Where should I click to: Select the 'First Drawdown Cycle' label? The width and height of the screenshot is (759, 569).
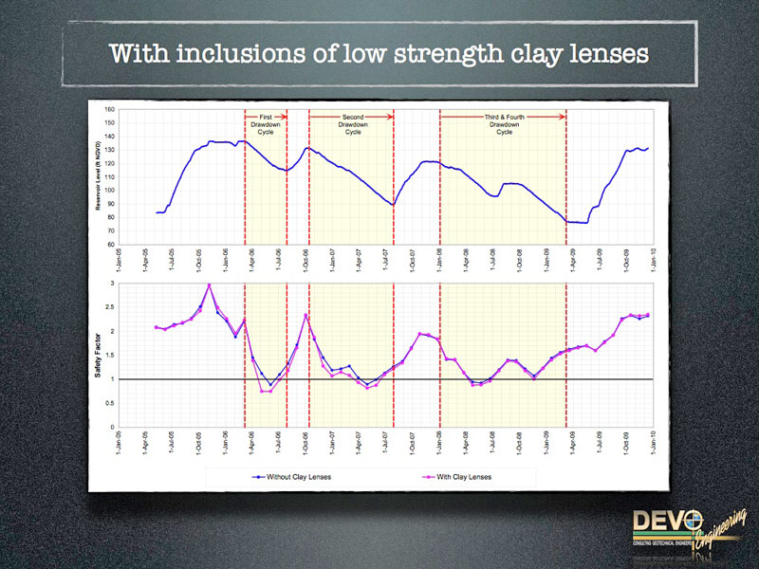pyautogui.click(x=266, y=124)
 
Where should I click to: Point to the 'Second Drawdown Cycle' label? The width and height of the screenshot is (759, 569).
pyautogui.click(x=352, y=124)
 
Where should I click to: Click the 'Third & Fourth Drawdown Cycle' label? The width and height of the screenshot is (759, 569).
pyautogui.click(x=504, y=124)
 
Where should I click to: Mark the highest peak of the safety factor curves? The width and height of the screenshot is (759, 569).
pyautogui.click(x=210, y=284)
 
